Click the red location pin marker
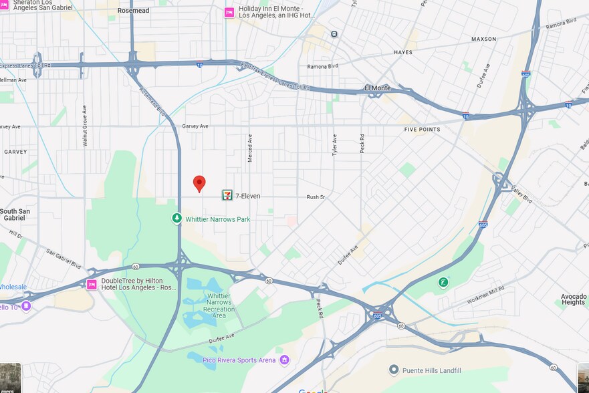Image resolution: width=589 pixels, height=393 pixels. pyautogui.click(x=199, y=183)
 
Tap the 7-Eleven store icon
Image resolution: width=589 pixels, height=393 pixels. pyautogui.click(x=227, y=196)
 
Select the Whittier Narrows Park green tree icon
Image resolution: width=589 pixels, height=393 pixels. pyautogui.click(x=176, y=219)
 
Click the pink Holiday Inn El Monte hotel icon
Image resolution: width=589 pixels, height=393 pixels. pyautogui.click(x=229, y=13)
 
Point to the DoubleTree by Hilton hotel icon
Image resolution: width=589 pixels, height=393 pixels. pyautogui.click(x=92, y=285)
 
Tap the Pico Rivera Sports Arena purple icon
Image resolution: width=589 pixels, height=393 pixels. pyautogui.click(x=284, y=360)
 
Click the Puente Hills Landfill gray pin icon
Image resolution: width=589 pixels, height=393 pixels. pyautogui.click(x=394, y=370)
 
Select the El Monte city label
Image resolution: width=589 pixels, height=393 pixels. pyautogui.click(x=377, y=88)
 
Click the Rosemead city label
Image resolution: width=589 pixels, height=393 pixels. pyautogui.click(x=133, y=11)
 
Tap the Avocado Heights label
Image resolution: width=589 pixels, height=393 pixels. pyautogui.click(x=573, y=299)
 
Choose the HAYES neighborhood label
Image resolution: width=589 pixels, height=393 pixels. pyautogui.click(x=403, y=52)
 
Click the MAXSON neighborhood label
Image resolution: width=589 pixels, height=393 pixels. pyautogui.click(x=483, y=39)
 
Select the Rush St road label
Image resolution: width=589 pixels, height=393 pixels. pyautogui.click(x=315, y=197)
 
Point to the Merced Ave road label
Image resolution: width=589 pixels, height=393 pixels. pyautogui.click(x=250, y=147)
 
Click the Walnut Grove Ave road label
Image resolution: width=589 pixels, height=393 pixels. pyautogui.click(x=85, y=126)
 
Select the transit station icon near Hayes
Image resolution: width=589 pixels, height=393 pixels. pyautogui.click(x=334, y=34)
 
